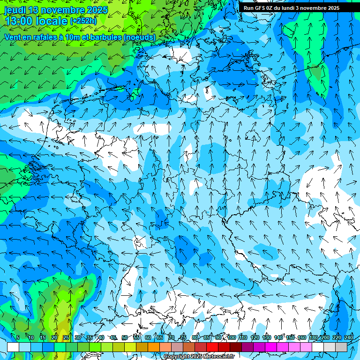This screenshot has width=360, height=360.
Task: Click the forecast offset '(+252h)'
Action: click(83, 21)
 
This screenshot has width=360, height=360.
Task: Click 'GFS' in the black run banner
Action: click(260, 8)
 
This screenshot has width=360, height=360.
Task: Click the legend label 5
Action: click(18, 337)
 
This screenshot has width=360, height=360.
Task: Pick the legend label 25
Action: click(66, 337)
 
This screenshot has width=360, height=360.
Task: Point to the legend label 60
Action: click(148, 337)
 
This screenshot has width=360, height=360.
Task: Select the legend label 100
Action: click(231, 337)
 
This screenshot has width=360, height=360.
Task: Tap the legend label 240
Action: click(348, 337)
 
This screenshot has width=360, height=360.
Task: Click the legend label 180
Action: click(313, 337)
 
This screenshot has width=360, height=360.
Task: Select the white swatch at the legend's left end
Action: click(13, 347)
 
